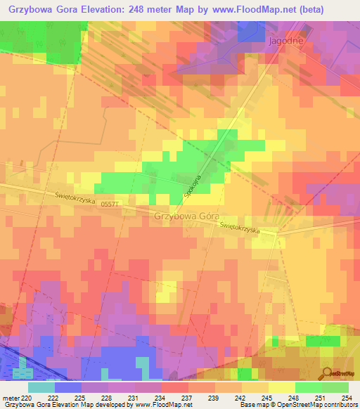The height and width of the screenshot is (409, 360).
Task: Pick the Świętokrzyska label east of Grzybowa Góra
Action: (x=240, y=228)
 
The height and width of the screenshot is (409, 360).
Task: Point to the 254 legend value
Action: (x=348, y=397)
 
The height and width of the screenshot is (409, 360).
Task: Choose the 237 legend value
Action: (x=188, y=397)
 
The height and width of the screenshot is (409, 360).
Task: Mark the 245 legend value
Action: (x=268, y=397)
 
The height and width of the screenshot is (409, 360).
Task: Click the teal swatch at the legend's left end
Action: (x=41, y=387)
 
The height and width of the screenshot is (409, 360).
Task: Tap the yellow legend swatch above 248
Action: (x=281, y=387)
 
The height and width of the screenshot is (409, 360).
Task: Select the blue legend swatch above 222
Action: (x=68, y=387)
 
